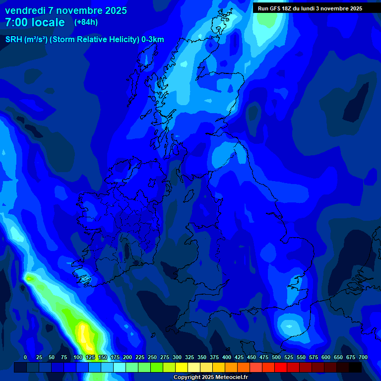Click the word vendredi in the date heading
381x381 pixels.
coord(25,10)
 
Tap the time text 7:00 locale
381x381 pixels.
coord(35,22)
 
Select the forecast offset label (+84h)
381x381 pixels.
coord(86,22)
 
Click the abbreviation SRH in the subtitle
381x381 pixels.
coord(13,40)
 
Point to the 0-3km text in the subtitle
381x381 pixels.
coord(152,40)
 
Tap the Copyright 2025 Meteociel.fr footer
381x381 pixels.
coord(210,378)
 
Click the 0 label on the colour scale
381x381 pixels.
coord(25,357)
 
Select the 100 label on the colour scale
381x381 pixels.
coord(78,357)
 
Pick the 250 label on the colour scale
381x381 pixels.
coord(152,357)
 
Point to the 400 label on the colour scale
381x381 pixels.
coord(227,357)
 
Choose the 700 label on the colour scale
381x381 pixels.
coord(363,357)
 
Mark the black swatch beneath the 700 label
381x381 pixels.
coord(355,367)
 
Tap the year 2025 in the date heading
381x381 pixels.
coord(115,10)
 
